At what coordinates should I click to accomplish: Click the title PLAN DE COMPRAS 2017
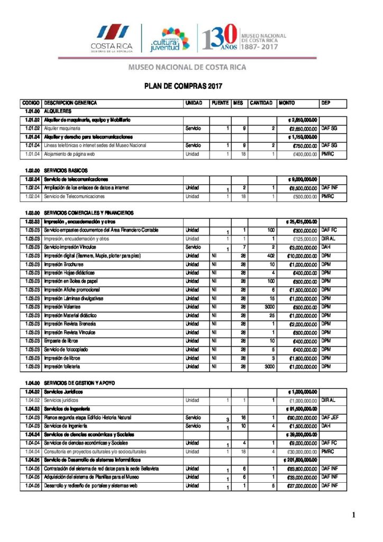pos(184,85)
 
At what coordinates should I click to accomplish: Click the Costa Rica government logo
pos(111,39)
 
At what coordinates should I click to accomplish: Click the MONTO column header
pos(287,103)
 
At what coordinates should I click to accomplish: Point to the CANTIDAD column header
pos(261,103)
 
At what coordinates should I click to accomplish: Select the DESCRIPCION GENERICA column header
pos(71,103)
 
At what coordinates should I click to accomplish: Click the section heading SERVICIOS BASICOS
pos(62,170)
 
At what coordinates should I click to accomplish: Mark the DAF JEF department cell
pos(330,417)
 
